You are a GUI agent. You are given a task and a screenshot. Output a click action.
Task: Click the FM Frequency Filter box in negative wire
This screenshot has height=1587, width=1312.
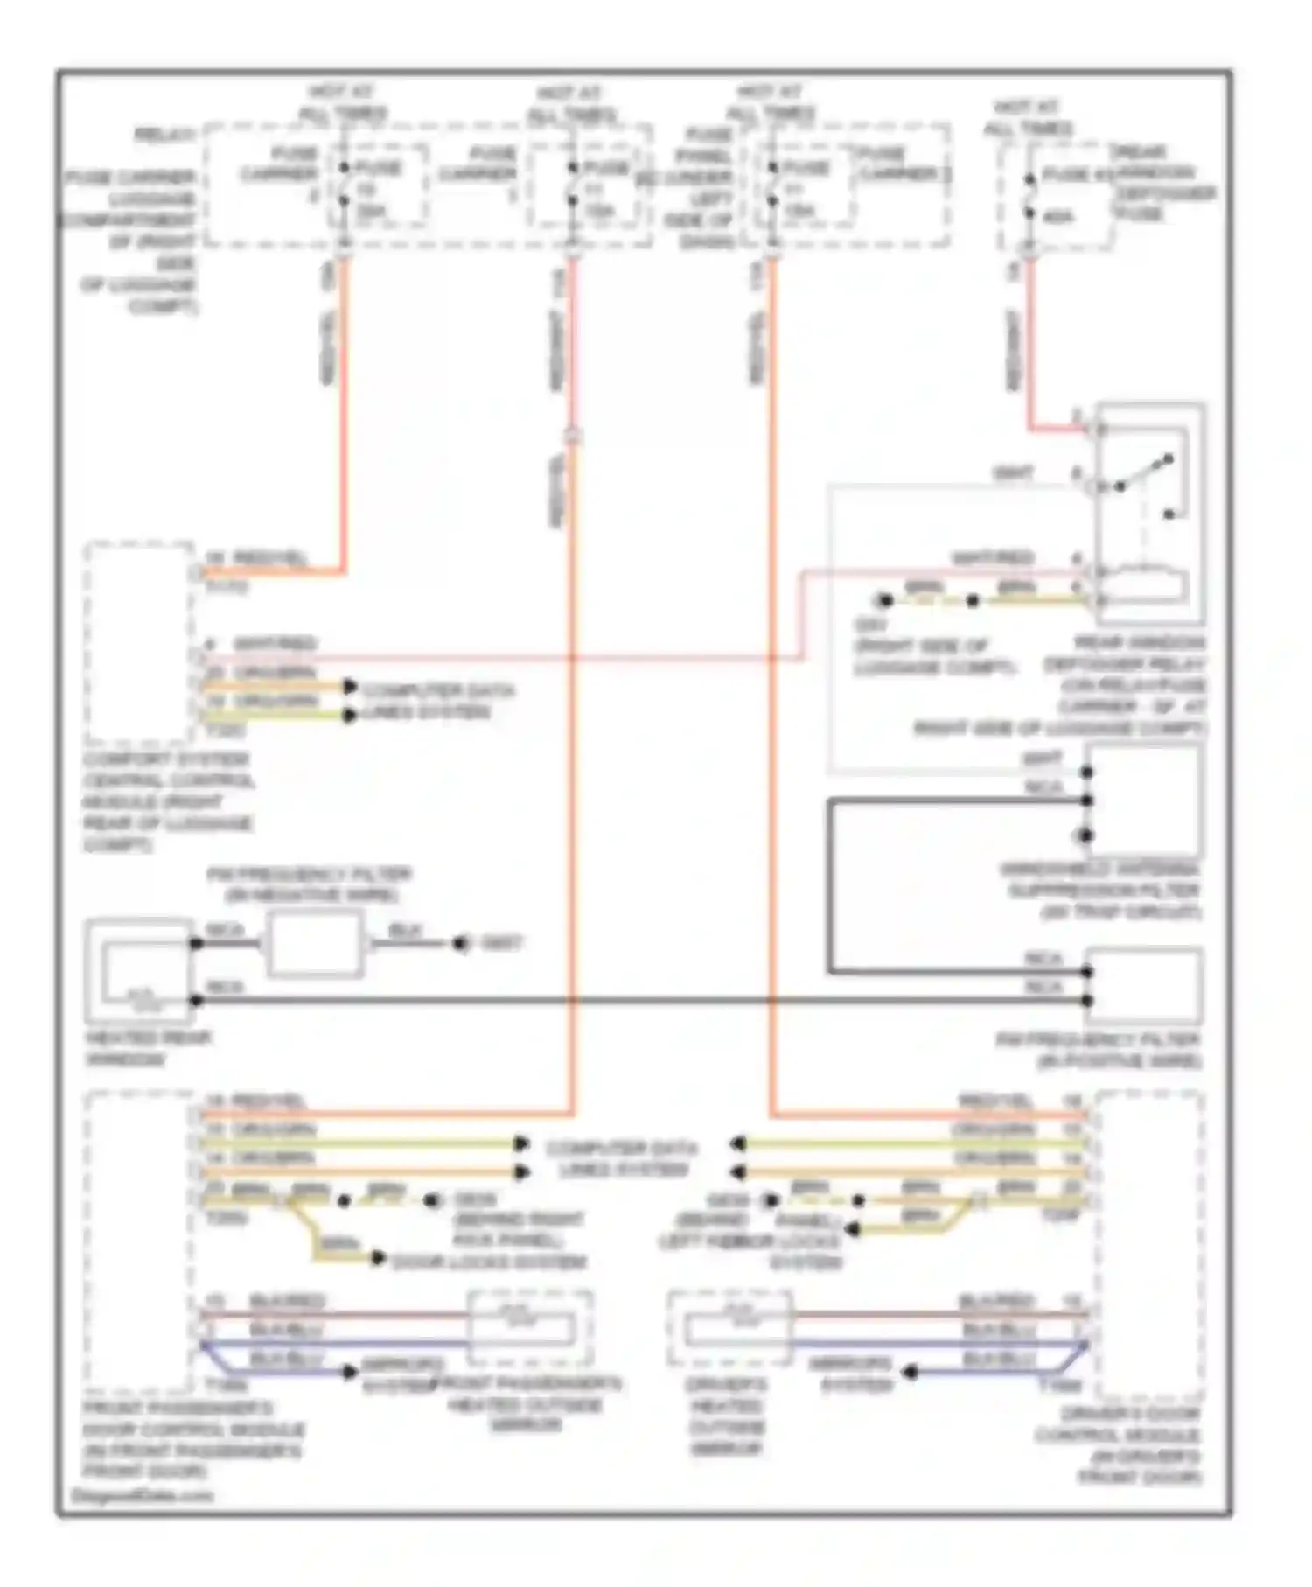click(314, 944)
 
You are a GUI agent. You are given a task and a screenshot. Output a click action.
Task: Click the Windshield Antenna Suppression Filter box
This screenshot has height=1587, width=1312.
click(1144, 800)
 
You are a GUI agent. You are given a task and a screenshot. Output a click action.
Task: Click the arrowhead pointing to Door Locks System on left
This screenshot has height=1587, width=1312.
click(378, 1259)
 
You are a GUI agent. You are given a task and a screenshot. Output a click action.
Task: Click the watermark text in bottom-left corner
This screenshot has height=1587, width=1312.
click(141, 1495)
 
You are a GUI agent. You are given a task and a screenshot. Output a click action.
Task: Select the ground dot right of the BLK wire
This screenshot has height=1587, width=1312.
click(460, 944)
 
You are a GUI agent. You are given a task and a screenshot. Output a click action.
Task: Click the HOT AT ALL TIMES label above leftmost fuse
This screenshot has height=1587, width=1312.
click(343, 102)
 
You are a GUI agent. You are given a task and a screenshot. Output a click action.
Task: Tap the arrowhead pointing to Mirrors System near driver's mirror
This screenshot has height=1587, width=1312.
click(910, 1373)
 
